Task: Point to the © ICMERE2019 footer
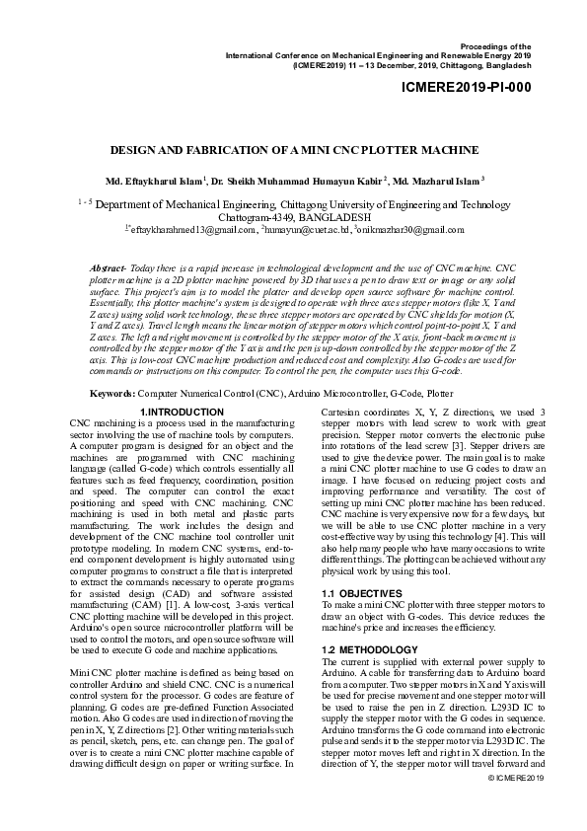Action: (517, 806)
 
